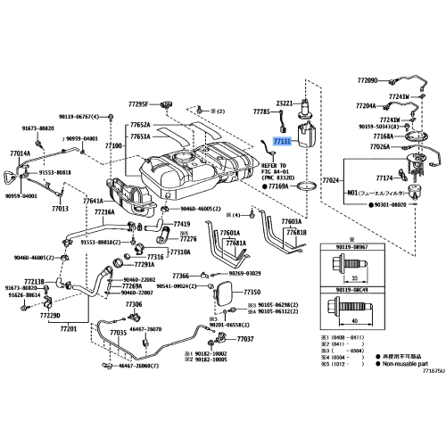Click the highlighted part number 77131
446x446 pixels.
click(x=282, y=142)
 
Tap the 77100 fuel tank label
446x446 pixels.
click(x=113, y=145)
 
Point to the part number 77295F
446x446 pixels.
click(x=142, y=105)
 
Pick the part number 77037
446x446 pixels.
click(x=245, y=340)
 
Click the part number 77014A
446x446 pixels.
click(x=20, y=153)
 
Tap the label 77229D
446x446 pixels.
click(x=50, y=314)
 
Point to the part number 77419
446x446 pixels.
click(x=182, y=223)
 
